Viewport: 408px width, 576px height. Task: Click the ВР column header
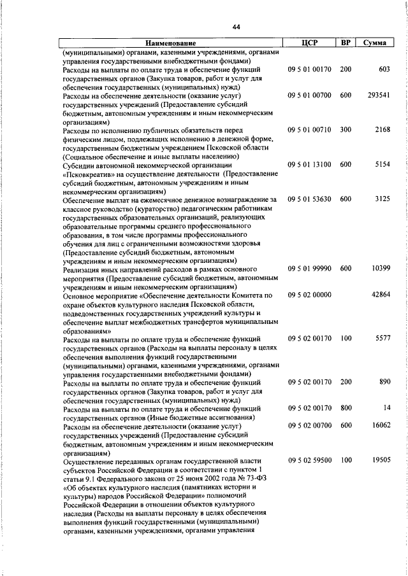point(346,43)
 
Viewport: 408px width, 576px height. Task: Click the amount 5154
point(382,164)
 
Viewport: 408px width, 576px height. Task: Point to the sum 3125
point(382,199)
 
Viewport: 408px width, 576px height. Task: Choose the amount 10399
point(380,269)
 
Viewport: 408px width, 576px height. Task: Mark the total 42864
point(380,295)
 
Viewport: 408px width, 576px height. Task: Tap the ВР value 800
point(346,407)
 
